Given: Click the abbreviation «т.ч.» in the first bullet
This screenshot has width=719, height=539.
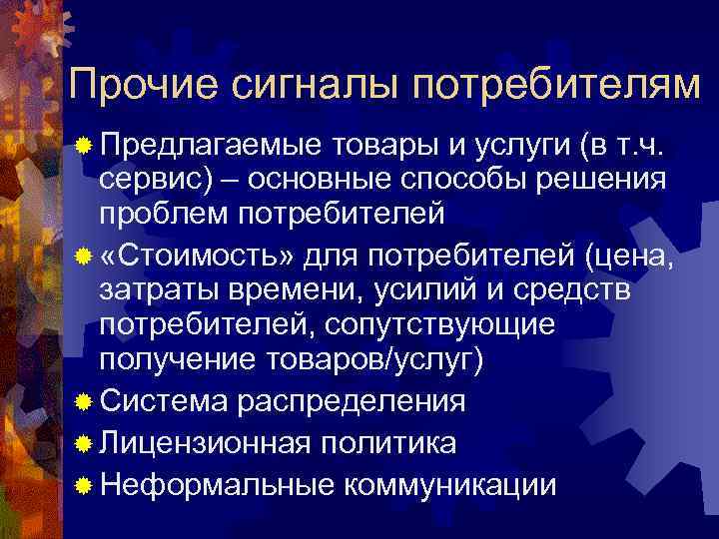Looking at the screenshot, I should tap(650, 149).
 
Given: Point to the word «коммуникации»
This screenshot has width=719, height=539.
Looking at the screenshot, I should tap(448, 485).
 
